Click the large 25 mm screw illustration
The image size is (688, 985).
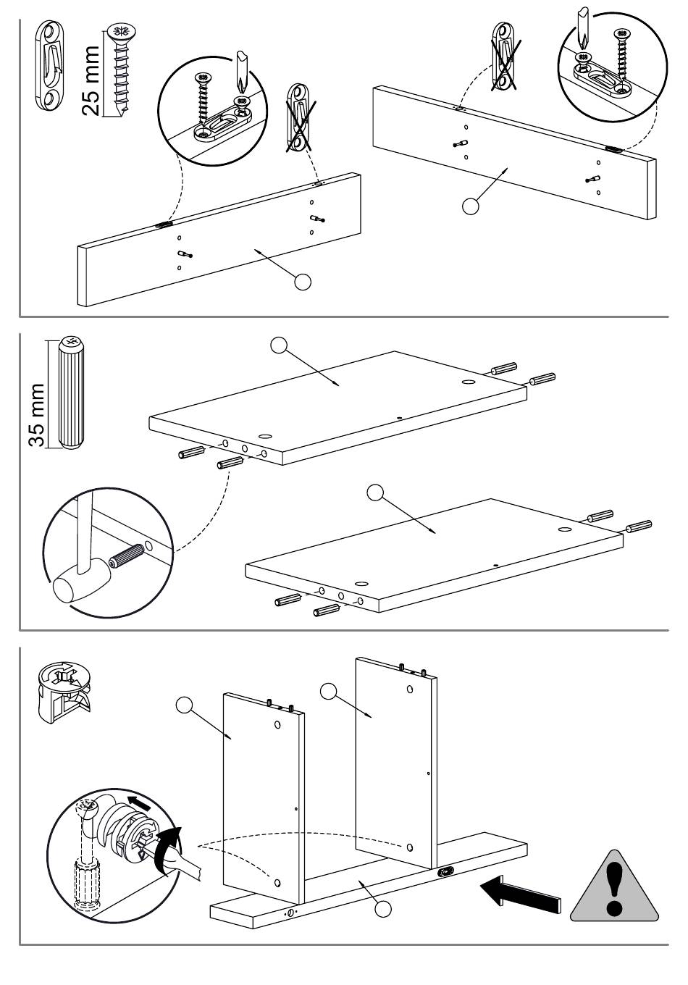pos(117,69)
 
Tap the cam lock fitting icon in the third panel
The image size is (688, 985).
pos(64,692)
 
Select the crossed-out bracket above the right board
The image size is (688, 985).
pos(505,58)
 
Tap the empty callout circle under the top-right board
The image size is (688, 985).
pos(471,206)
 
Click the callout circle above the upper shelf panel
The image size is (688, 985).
pos(279,345)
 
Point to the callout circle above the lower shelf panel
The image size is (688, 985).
pos(375,492)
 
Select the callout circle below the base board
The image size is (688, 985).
pos(384,908)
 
